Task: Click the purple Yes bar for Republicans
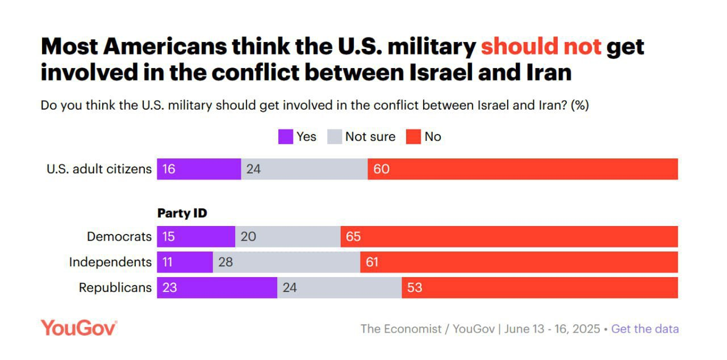[217, 287]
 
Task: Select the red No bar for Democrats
[509, 236]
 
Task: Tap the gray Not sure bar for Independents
[286, 262]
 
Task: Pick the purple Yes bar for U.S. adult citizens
[199, 169]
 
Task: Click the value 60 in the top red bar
[382, 169]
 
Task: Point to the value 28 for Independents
[226, 262]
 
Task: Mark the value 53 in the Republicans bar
[415, 287]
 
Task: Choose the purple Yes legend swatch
[285, 137]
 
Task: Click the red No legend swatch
[413, 137]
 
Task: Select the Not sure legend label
[370, 137]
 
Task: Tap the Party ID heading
[182, 214]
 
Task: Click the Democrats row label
[119, 236]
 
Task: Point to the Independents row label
[110, 262]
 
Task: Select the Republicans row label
[115, 287]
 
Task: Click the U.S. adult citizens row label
[99, 169]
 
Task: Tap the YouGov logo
[79, 328]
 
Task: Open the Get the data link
[645, 329]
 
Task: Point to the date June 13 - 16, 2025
[551, 329]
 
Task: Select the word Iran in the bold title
[544, 73]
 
